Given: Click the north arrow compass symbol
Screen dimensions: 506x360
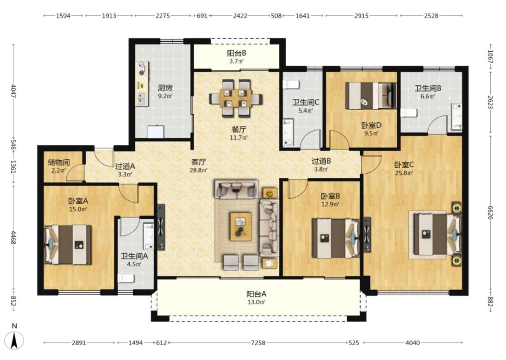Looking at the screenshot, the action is tap(14, 340).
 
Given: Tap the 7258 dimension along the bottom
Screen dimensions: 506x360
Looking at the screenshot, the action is tap(258, 342).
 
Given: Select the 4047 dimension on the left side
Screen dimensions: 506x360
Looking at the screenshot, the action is tap(13, 91).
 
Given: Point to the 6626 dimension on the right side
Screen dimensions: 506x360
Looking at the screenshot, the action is tap(491, 212).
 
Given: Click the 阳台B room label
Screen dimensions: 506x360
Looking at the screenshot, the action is tap(237, 53).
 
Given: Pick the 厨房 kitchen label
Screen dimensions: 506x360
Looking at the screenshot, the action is tap(165, 87).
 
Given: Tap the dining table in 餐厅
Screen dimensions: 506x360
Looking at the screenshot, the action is tap(236, 98).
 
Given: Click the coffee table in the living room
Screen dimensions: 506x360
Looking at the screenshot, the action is tap(241, 226).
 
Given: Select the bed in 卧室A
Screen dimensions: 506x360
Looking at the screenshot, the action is tap(68, 244).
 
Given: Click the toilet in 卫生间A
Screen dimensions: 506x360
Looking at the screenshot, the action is tap(126, 278).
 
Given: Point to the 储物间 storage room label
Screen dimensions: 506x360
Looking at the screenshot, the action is tap(59, 162).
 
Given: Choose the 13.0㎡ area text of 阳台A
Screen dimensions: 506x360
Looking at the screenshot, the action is tap(256, 302).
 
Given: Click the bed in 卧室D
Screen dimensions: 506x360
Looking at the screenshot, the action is tap(371, 95).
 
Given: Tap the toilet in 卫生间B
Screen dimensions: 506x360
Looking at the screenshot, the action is tap(409, 113).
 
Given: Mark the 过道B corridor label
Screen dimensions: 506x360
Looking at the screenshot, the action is tap(321, 161).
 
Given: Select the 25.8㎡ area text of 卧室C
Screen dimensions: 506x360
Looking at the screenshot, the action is tap(404, 173).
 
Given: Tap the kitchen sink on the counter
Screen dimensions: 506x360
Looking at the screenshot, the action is tap(141, 99).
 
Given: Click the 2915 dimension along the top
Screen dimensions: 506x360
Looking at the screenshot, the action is tap(361, 15).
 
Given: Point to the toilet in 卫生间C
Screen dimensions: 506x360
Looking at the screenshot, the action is tap(291, 85).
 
